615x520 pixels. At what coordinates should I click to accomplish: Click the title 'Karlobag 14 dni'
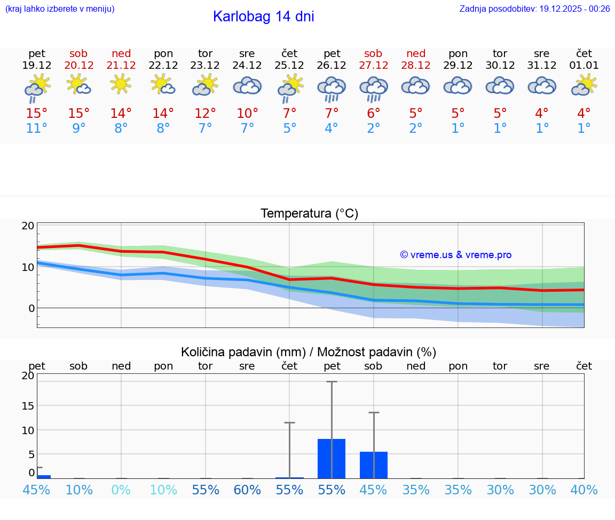pyautogui.click(x=263, y=17)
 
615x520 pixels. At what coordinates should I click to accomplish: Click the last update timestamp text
pyautogui.click(x=534, y=9)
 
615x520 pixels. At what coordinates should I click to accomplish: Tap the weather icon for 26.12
pyautogui.click(x=332, y=88)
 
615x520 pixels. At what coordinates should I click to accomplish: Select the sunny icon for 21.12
pyautogui.click(x=121, y=84)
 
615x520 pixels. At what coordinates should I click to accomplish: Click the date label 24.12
pyautogui.click(x=247, y=66)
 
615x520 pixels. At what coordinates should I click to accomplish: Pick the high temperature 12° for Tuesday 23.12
pyautogui.click(x=205, y=114)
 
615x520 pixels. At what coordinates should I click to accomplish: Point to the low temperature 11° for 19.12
pyautogui.click(x=37, y=129)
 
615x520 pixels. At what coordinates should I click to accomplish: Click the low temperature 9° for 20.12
pyautogui.click(x=79, y=129)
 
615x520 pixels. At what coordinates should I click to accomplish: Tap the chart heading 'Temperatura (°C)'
pyautogui.click(x=309, y=214)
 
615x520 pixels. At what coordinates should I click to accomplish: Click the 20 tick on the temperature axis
pyautogui.click(x=28, y=226)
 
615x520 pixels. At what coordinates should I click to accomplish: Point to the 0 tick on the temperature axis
pyautogui.click(x=31, y=308)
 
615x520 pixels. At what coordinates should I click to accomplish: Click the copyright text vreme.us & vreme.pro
pyautogui.click(x=456, y=255)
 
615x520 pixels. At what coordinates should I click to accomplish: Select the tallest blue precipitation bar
pyautogui.click(x=332, y=459)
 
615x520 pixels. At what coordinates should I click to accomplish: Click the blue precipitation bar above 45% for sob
pyautogui.click(x=374, y=465)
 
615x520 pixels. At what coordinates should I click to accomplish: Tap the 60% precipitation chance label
pyautogui.click(x=247, y=490)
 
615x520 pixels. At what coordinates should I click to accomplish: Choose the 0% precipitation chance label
pyautogui.click(x=121, y=490)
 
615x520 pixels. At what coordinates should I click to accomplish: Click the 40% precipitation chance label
pyautogui.click(x=584, y=490)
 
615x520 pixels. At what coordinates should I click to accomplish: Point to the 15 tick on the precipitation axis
pyautogui.click(x=28, y=406)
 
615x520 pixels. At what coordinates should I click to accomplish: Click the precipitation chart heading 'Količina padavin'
pyautogui.click(x=243, y=352)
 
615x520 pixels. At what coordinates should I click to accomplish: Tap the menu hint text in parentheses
pyautogui.click(x=60, y=9)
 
